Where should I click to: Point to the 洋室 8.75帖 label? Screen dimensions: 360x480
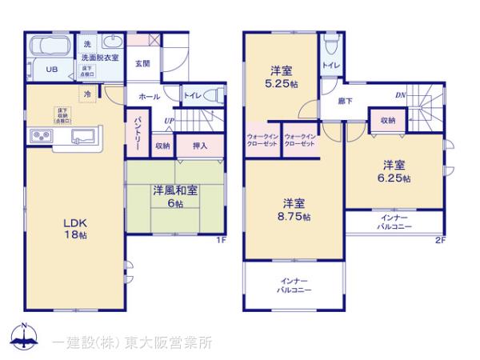(294, 210)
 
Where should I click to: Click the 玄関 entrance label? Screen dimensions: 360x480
(142, 63)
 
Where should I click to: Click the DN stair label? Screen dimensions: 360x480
(399, 95)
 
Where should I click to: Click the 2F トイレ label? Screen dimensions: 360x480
(329, 63)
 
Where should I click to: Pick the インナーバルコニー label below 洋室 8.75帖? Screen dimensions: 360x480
(294, 286)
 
